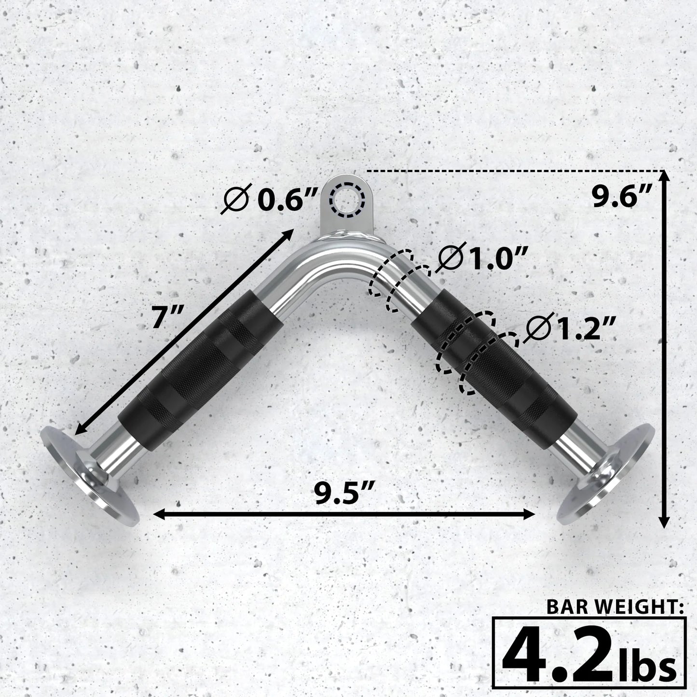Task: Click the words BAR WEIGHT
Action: coord(615,606)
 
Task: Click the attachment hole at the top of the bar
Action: coord(346,198)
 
